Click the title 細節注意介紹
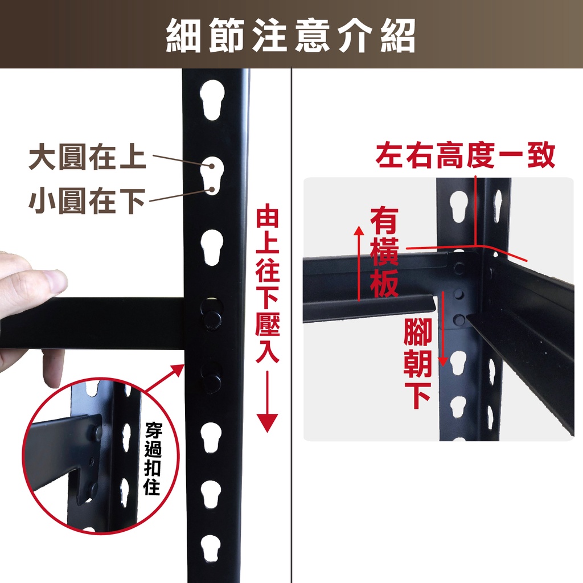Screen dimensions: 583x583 [290, 36]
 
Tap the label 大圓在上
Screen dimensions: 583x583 [87, 157]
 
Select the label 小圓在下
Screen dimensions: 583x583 [87, 201]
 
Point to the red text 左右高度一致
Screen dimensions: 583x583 [465, 155]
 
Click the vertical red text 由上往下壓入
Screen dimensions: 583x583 [268, 286]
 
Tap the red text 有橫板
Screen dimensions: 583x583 [384, 253]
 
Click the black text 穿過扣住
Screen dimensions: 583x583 [153, 458]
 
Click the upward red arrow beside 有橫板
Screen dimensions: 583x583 [359, 263]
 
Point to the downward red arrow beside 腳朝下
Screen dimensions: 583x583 [443, 329]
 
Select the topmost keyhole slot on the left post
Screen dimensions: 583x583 [212, 100]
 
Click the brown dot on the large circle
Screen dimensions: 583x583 [212, 166]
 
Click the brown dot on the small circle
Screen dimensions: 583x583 [212, 190]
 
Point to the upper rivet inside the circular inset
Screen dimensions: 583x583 [98, 432]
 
